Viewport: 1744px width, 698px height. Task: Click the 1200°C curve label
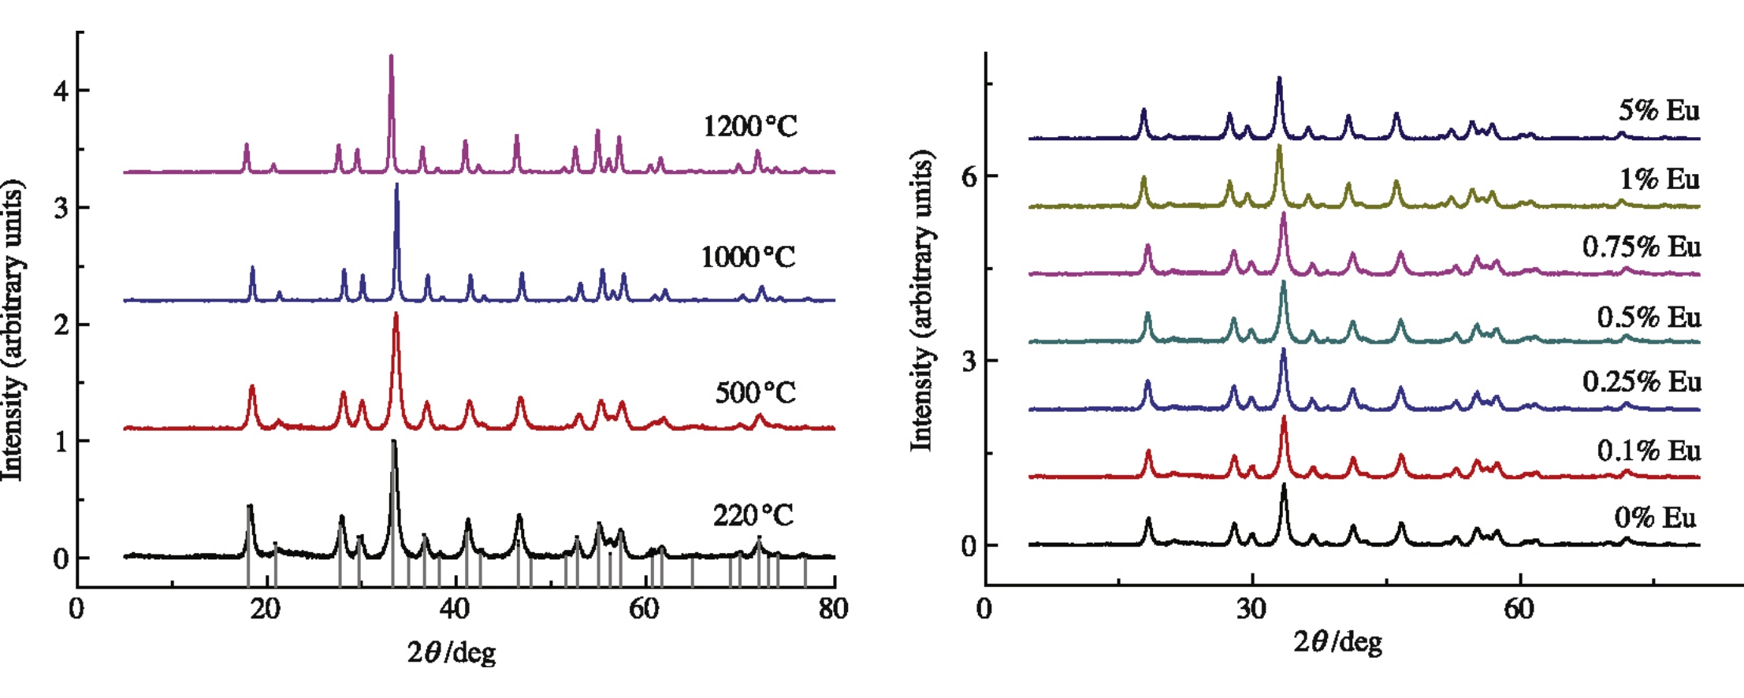[x=749, y=126]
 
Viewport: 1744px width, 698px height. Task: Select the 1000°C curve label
[x=748, y=257]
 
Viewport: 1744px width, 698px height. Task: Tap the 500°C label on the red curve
[x=755, y=392]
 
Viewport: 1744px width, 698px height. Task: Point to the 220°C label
[x=753, y=515]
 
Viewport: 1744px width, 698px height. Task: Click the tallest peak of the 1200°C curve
[x=391, y=57]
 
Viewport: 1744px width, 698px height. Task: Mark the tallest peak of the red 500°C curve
[x=396, y=315]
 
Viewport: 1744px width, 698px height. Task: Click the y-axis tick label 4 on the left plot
[x=61, y=91]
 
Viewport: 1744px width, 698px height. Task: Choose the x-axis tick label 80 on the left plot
[x=833, y=609]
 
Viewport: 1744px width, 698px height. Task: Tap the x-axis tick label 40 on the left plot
[x=455, y=609]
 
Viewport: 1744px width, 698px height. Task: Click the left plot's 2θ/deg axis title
[x=452, y=652]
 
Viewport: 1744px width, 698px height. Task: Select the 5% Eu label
[x=1659, y=110]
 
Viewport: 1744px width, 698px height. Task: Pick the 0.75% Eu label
[x=1642, y=247]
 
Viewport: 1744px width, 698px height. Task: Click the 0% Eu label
[x=1655, y=518]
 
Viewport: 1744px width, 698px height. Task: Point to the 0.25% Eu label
[x=1642, y=382]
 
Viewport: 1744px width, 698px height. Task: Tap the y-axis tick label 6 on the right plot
[x=969, y=176]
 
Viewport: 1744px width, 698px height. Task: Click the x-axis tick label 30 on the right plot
[x=1251, y=609]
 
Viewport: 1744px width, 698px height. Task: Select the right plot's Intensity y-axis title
[x=921, y=299]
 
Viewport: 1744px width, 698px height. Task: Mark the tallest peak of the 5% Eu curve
[x=1279, y=79]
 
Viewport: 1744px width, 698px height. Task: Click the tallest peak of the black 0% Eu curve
[x=1284, y=486]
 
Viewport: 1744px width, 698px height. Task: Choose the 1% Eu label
[x=1659, y=180]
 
